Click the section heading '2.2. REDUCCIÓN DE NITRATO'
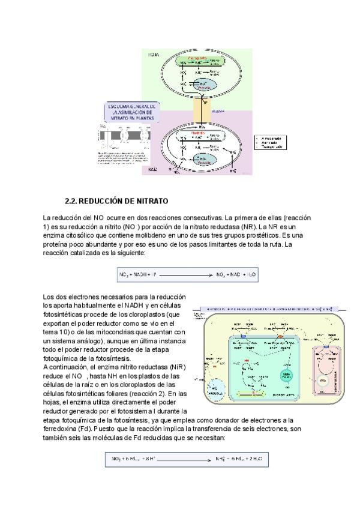(x=116, y=200)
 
